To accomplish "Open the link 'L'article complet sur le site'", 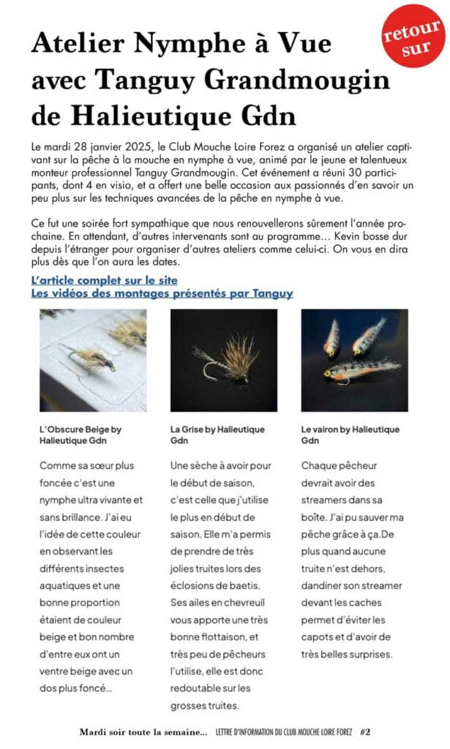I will [x=105, y=280].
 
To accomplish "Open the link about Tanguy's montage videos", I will [x=162, y=293].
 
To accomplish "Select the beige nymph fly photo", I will [x=92, y=360].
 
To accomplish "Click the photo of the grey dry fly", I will [x=224, y=360].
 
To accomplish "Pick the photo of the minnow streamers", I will [x=354, y=360].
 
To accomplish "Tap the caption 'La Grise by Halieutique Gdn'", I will [x=217, y=434].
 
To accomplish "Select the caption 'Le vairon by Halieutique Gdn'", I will [x=350, y=434].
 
